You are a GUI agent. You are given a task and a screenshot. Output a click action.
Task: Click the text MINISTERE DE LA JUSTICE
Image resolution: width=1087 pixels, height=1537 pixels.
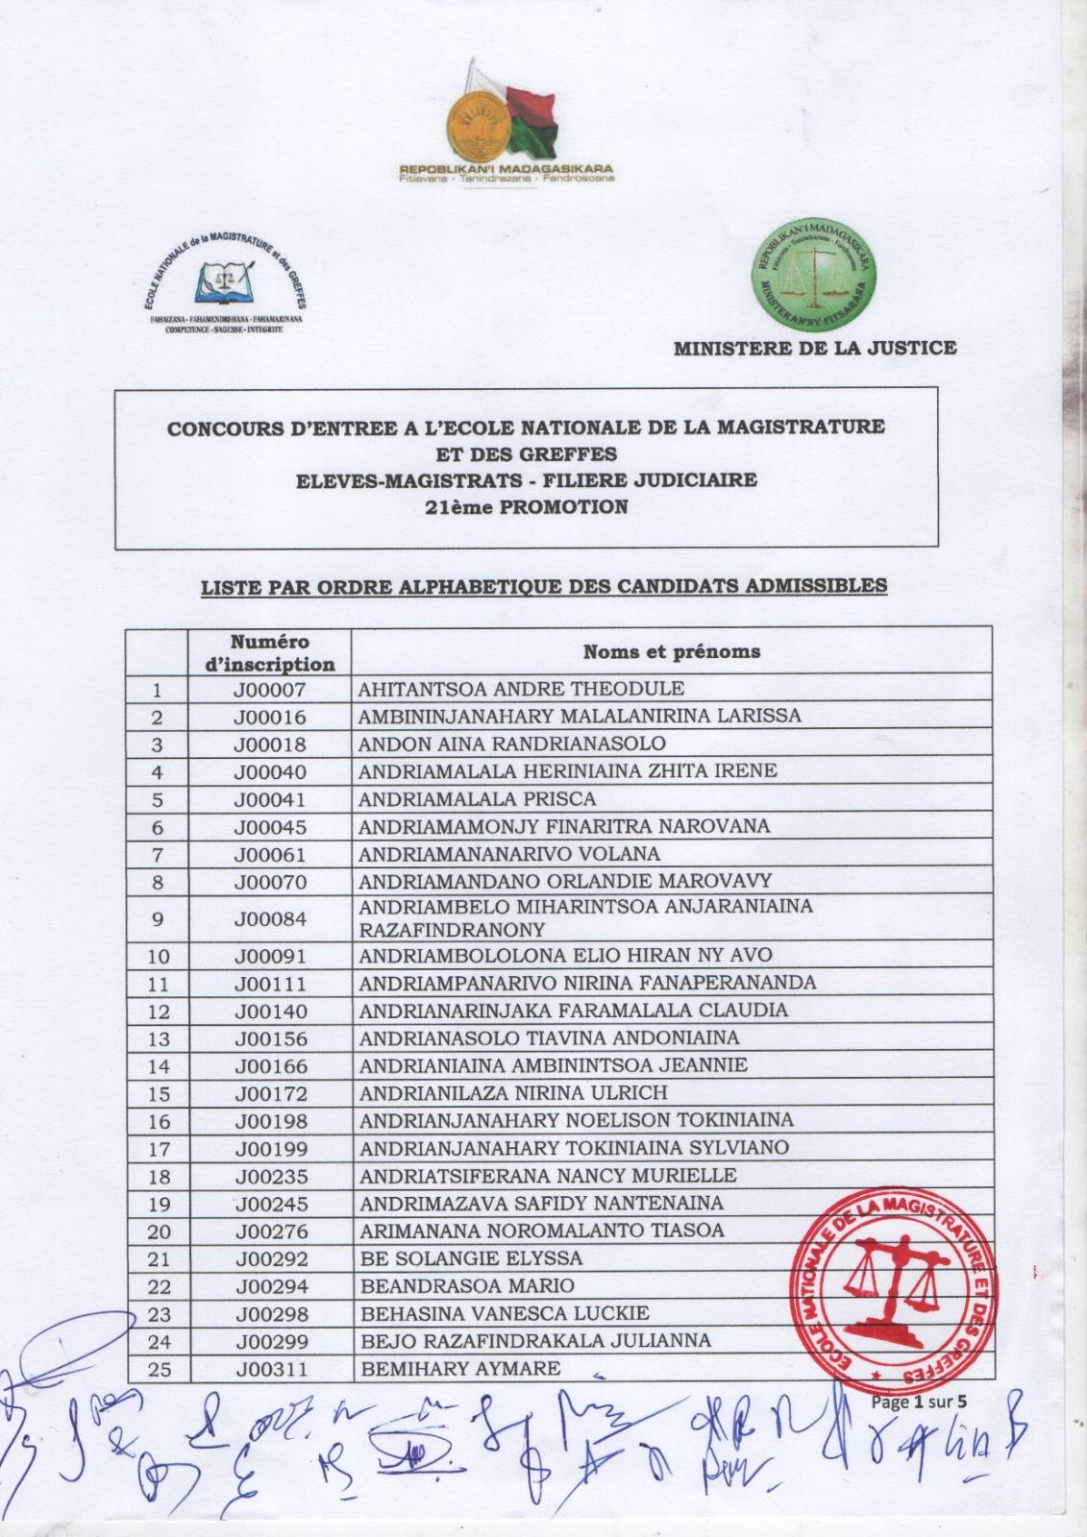(x=815, y=348)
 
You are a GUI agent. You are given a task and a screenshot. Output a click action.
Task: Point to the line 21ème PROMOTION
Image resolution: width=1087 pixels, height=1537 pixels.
(x=526, y=507)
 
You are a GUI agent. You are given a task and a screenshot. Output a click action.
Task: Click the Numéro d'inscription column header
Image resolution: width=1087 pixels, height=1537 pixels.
(x=269, y=652)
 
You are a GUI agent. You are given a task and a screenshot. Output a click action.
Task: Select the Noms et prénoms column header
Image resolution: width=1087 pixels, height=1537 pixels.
(x=672, y=652)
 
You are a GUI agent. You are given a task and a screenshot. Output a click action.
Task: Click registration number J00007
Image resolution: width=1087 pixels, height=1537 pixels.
(x=269, y=689)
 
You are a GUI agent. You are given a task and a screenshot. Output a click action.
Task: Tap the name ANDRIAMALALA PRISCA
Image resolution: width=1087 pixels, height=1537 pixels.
(x=477, y=798)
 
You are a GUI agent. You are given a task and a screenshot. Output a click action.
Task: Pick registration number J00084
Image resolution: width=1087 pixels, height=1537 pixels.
(x=269, y=918)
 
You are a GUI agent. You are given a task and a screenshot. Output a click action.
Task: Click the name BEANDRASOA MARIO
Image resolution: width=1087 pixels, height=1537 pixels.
(x=466, y=1285)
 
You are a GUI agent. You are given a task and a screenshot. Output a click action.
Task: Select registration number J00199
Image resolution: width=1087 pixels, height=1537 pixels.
(x=269, y=1148)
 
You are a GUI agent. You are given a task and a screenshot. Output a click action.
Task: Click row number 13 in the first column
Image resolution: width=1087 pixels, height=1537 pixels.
(x=159, y=1038)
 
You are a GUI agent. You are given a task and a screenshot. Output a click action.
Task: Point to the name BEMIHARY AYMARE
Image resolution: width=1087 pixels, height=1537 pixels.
(x=459, y=1368)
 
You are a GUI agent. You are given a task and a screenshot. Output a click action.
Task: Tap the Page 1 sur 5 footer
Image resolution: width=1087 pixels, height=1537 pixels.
(x=920, y=1402)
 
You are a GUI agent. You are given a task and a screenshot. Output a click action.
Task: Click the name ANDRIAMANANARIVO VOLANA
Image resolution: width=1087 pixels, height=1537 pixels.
(x=508, y=853)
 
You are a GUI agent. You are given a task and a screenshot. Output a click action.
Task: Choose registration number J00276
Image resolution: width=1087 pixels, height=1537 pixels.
(x=269, y=1231)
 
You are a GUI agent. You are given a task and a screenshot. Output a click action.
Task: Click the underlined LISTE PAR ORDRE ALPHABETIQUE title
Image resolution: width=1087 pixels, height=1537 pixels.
(x=543, y=585)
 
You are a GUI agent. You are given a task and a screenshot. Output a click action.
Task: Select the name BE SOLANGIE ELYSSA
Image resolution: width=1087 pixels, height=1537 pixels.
(x=470, y=1258)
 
